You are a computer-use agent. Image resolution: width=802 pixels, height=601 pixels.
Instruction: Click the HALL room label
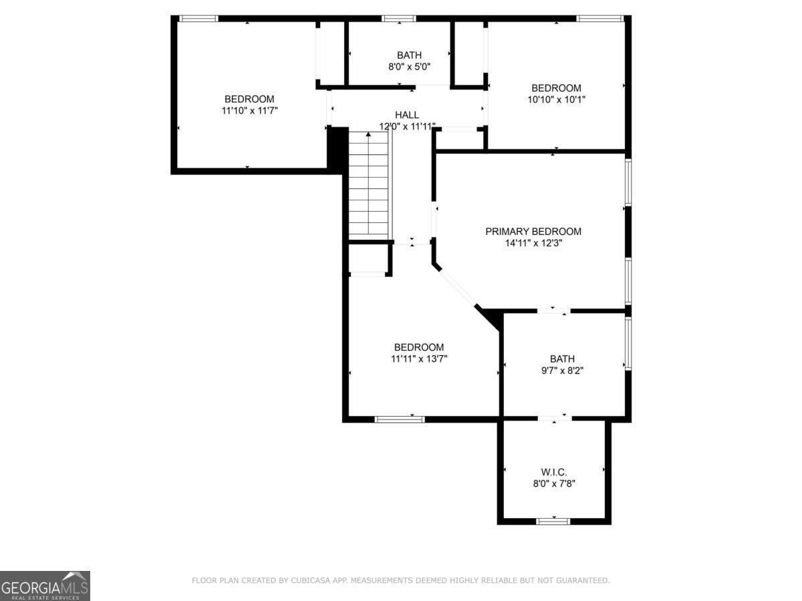click(406, 115)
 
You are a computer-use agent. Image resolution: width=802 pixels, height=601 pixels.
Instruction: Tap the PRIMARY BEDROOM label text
click(533, 231)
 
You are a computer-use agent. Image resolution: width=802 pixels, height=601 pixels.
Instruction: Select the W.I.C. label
click(554, 472)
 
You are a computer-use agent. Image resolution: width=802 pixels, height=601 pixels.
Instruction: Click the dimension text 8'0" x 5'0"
click(409, 67)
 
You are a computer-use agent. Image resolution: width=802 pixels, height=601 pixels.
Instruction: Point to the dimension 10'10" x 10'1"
click(556, 99)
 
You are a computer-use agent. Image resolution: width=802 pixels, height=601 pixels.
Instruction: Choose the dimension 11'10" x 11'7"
click(249, 110)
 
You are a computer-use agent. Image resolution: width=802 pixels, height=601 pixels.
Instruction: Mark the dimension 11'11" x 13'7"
click(419, 359)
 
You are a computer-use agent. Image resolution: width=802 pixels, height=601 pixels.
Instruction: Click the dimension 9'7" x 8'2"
click(562, 371)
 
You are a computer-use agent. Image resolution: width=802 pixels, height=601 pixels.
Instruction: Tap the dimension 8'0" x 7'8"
click(554, 484)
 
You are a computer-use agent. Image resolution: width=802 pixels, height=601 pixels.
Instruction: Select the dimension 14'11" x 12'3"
click(533, 243)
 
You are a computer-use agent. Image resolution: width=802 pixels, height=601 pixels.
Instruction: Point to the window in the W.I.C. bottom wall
click(553, 521)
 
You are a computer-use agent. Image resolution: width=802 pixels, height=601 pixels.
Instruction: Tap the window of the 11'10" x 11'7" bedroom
click(198, 19)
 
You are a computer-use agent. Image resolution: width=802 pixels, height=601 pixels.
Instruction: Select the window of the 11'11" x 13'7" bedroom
click(400, 419)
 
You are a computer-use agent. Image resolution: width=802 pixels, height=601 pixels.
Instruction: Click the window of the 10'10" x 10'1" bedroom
click(600, 19)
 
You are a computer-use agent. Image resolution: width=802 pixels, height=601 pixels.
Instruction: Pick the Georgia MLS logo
click(45, 586)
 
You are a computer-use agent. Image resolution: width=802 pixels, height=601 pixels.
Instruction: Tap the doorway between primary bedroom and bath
click(554, 311)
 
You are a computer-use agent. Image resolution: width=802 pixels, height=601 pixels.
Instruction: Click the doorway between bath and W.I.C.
click(555, 419)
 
